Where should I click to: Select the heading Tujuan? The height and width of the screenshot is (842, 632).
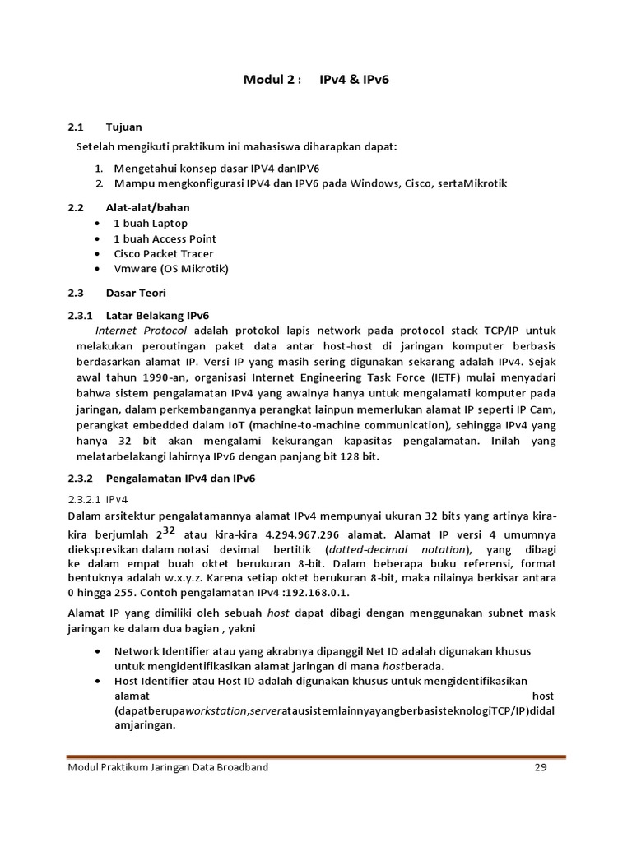[x=124, y=127]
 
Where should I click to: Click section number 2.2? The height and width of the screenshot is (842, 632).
[x=76, y=208]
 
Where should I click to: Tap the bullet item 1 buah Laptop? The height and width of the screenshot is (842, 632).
[x=151, y=224]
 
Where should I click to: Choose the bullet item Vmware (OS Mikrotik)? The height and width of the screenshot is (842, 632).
[x=171, y=269]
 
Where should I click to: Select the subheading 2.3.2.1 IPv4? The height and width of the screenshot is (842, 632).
[x=103, y=498]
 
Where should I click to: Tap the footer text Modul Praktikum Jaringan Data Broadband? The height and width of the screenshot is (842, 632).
[x=167, y=768]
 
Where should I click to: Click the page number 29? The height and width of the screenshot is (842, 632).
[x=540, y=768]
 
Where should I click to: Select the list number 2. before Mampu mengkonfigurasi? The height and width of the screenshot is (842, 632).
[x=98, y=183]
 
